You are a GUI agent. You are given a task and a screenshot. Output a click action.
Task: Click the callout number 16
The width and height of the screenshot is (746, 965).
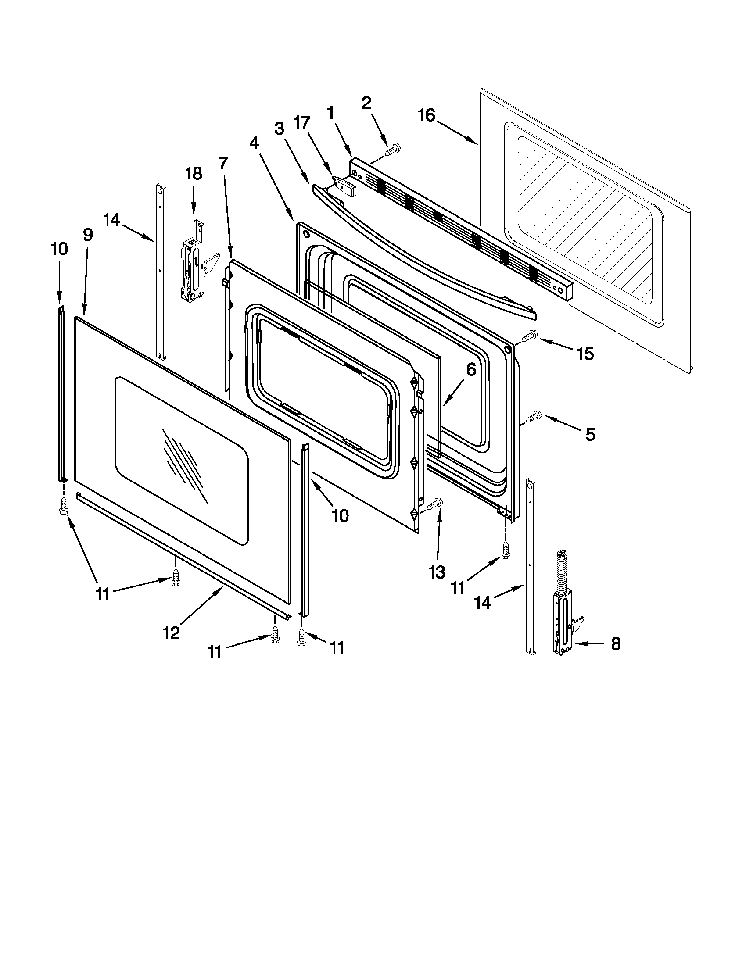tap(427, 116)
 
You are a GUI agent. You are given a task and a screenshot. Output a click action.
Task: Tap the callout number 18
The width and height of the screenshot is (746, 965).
tap(194, 174)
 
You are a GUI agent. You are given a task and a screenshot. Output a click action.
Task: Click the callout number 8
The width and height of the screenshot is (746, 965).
tap(616, 644)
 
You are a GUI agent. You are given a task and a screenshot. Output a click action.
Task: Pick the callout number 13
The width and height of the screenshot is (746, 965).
tap(437, 572)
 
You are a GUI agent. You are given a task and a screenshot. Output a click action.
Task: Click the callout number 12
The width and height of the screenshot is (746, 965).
tap(172, 633)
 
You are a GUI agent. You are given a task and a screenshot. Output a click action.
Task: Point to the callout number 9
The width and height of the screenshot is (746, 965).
tap(87, 235)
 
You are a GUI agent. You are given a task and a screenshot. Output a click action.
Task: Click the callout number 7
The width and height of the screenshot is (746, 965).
tap(223, 164)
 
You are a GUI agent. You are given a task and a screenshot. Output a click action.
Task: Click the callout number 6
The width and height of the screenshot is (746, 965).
tap(471, 369)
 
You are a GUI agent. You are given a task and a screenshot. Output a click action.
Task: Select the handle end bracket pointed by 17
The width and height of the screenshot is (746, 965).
tap(345, 185)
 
